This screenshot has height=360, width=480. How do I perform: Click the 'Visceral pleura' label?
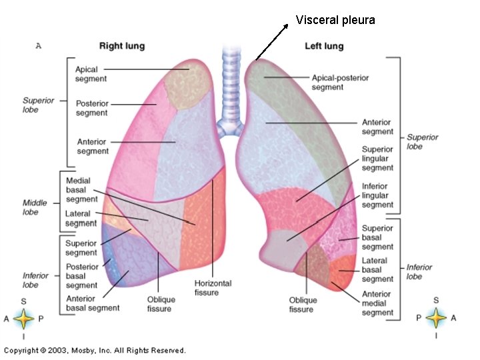point(335,20)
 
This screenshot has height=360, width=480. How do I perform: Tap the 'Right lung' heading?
point(122,46)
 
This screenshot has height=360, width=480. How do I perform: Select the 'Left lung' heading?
point(323,46)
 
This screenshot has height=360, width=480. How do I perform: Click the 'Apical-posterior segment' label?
point(340,82)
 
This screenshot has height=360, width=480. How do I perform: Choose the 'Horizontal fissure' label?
point(213,287)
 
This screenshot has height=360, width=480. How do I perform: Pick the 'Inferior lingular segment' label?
point(378,195)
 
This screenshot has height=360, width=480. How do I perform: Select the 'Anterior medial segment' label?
point(377,303)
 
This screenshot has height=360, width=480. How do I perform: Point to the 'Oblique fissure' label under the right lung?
point(159,304)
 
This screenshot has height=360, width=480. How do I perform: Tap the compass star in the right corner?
point(436,319)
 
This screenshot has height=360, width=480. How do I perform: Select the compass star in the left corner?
point(24,319)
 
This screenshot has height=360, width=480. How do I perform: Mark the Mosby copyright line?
point(95,350)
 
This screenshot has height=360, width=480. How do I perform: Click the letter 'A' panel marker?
point(38,46)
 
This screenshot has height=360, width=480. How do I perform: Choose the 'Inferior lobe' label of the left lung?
point(419,271)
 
